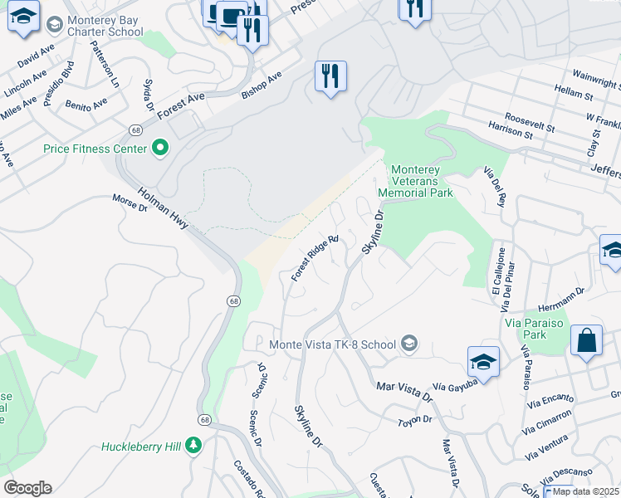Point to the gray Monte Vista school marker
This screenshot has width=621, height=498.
[408, 343]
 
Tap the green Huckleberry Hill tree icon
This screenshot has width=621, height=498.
[193, 447]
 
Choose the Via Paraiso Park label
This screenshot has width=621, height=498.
[535, 328]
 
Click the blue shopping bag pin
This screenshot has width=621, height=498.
[586, 340]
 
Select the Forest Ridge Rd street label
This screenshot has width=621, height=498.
[315, 258]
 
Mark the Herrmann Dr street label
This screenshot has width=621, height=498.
[562, 295]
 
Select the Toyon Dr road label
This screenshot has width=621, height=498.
[415, 421]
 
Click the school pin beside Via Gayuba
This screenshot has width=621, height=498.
[483, 361]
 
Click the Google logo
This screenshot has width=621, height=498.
[27, 488]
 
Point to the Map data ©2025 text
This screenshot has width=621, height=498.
[586, 491]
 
